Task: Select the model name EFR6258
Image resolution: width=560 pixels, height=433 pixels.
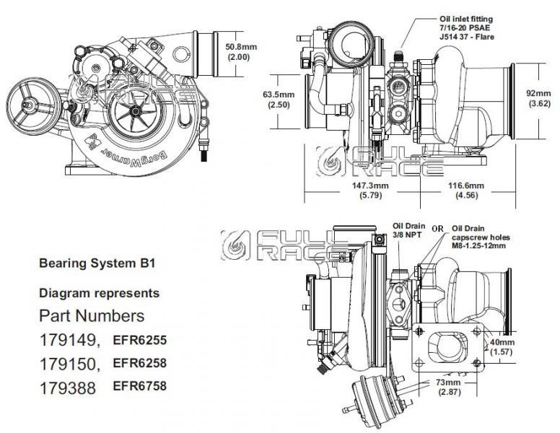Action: point(139,362)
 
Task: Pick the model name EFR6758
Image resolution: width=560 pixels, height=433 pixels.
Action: point(139,386)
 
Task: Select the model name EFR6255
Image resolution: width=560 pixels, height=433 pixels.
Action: point(139,338)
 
